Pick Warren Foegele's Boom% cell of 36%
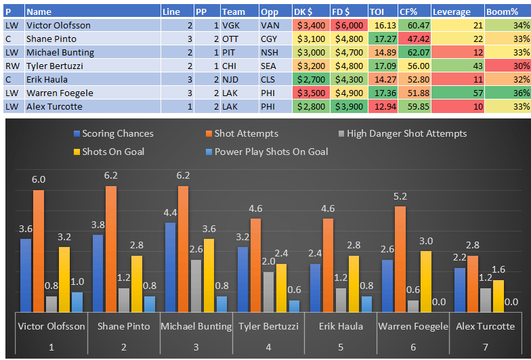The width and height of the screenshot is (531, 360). tap(507, 93)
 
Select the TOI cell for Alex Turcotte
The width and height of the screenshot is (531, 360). tap(382, 106)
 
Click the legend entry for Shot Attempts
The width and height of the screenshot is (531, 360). tap(246, 134)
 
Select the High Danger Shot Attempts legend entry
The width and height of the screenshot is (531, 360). tap(406, 134)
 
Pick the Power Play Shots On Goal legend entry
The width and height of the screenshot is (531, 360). tap(271, 152)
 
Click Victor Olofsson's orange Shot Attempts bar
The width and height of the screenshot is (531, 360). tap(39, 251)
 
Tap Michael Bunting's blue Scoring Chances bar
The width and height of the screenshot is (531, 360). tap(171, 267)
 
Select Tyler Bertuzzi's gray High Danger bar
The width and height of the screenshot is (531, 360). tap(268, 292)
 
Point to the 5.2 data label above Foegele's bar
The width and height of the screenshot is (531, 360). tap(400, 196)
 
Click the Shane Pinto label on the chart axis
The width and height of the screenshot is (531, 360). tap(123, 326)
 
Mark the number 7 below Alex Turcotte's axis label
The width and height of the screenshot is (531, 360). tap(486, 346)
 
